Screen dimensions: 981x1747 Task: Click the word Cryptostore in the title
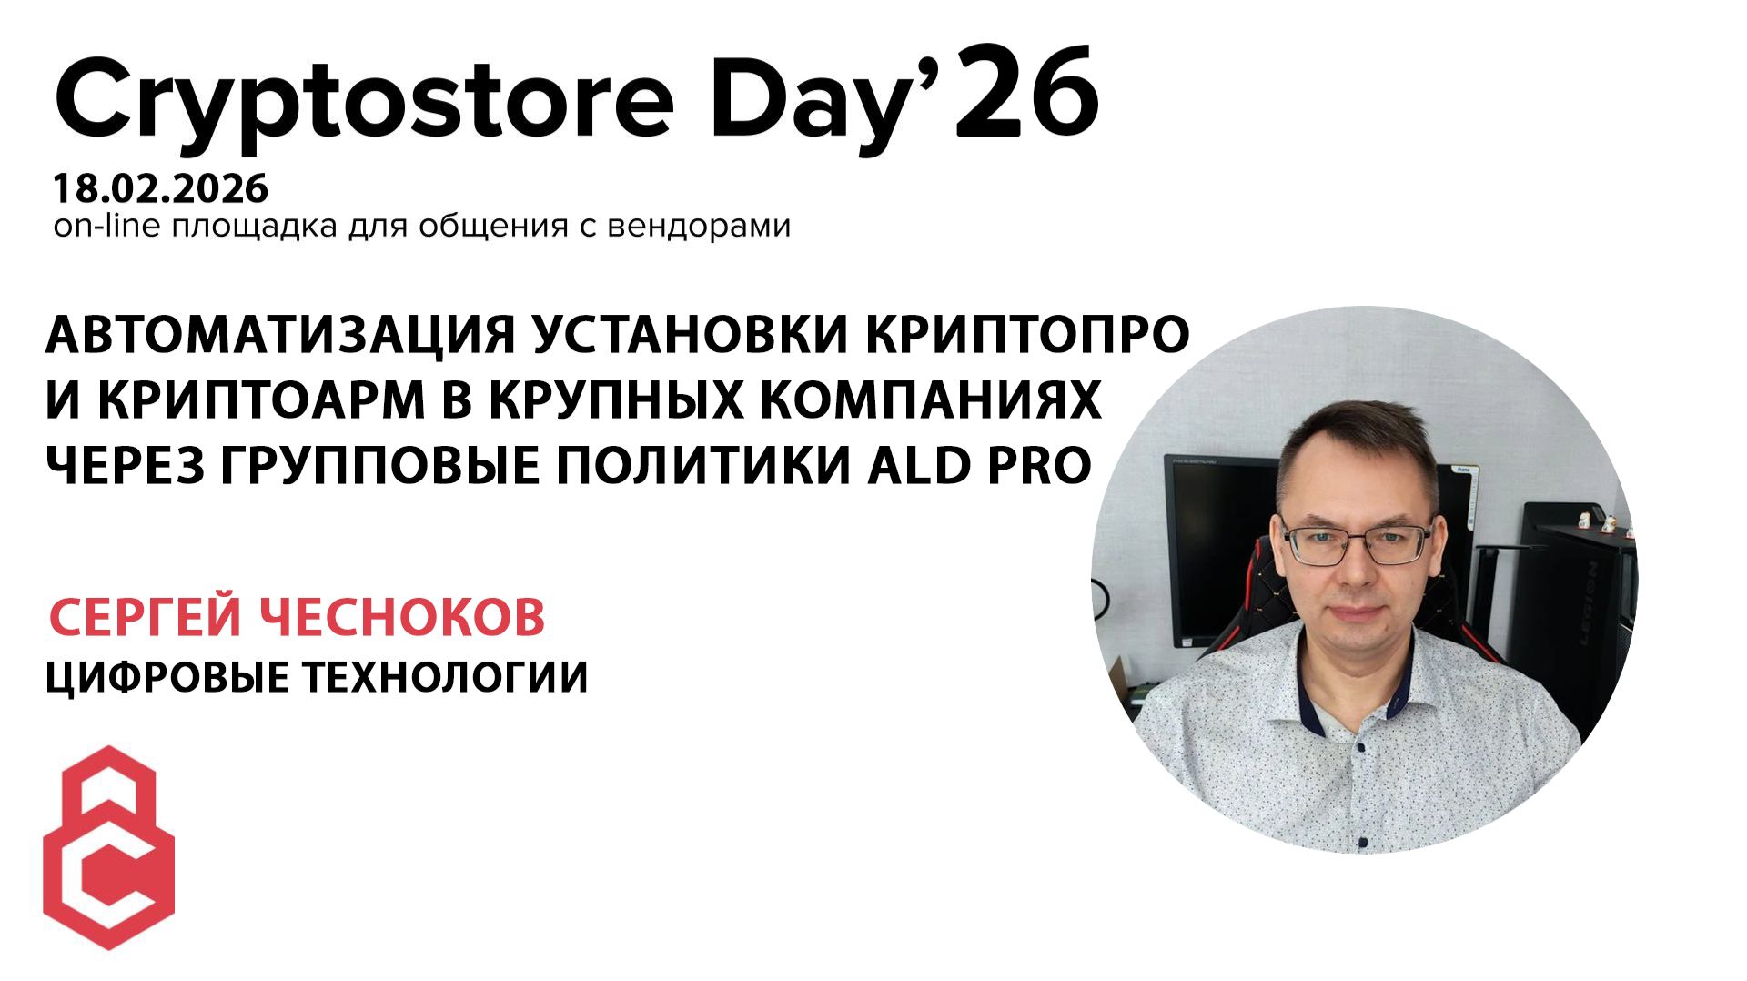pyautogui.click(x=364, y=100)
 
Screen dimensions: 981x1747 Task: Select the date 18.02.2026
pyautogui.click(x=161, y=188)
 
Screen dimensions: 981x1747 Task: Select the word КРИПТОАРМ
pyautogui.click(x=262, y=399)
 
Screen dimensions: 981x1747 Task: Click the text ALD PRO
pyautogui.click(x=979, y=465)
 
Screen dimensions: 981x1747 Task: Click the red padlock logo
pyautogui.click(x=109, y=847)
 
